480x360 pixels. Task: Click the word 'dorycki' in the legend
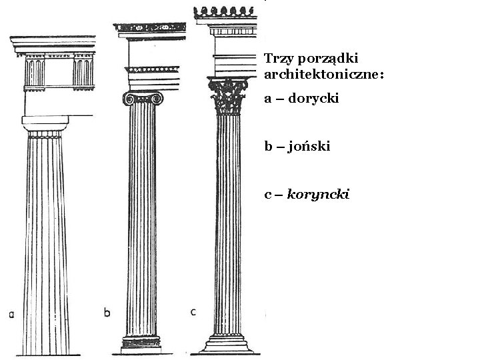point(314,99)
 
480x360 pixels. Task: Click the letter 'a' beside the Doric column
point(11,315)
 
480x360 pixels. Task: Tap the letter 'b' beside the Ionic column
point(107,311)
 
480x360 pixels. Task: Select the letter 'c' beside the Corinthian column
point(193,311)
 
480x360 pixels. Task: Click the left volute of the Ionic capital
point(127,99)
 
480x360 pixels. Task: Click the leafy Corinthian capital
point(229,97)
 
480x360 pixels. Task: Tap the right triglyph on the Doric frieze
point(83,71)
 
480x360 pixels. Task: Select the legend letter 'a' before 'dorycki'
point(267,99)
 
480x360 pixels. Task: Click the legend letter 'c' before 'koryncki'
point(267,195)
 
